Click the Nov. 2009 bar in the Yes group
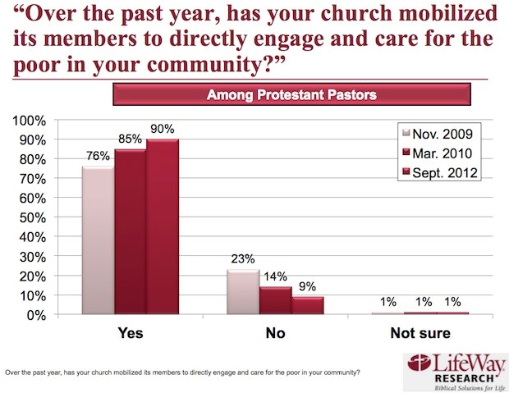[x=99, y=240]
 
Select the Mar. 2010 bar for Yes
[x=131, y=231]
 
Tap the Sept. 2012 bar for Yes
[x=163, y=226]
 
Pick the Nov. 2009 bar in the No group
[x=243, y=292]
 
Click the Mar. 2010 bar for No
[x=275, y=300]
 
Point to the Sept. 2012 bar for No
[x=307, y=305]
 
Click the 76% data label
[x=98, y=156]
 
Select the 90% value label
[x=163, y=129]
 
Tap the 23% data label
[x=243, y=259]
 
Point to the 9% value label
[x=307, y=286]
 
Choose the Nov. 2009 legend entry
[x=438, y=134]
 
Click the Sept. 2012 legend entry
[x=440, y=172]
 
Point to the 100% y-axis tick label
[x=30, y=121]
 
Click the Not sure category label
[x=420, y=333]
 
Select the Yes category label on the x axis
[x=131, y=333]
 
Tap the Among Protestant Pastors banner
[x=291, y=94]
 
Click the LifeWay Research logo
[x=456, y=372]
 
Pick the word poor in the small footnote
[x=291, y=372]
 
